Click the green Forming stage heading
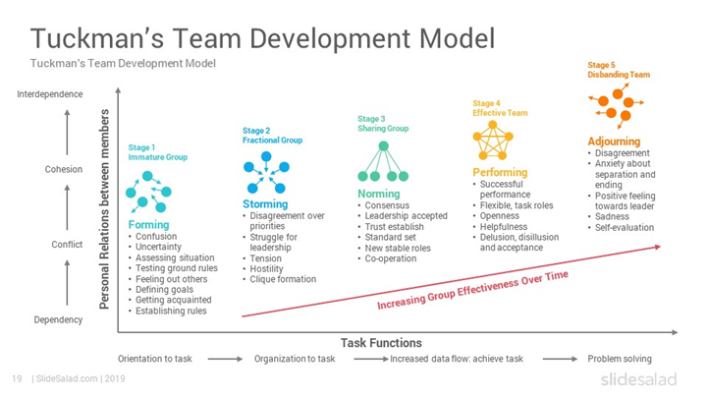[148, 225]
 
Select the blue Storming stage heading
[265, 204]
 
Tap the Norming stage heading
[379, 194]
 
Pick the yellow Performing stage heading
[500, 172]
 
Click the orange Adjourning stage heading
[615, 142]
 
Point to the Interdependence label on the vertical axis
[50, 94]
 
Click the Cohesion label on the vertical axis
[63, 169]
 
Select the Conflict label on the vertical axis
[67, 245]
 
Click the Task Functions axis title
[381, 343]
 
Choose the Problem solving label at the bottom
[619, 360]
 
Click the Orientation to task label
[156, 360]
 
